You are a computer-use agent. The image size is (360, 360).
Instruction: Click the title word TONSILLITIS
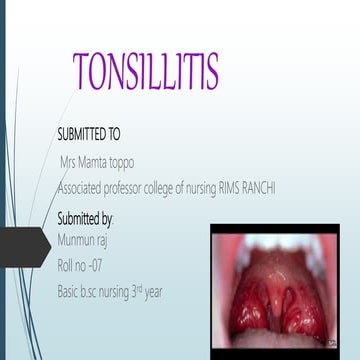(146, 71)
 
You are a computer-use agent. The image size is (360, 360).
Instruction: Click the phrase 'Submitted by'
(86, 218)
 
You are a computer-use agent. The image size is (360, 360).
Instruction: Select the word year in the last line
(177, 292)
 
